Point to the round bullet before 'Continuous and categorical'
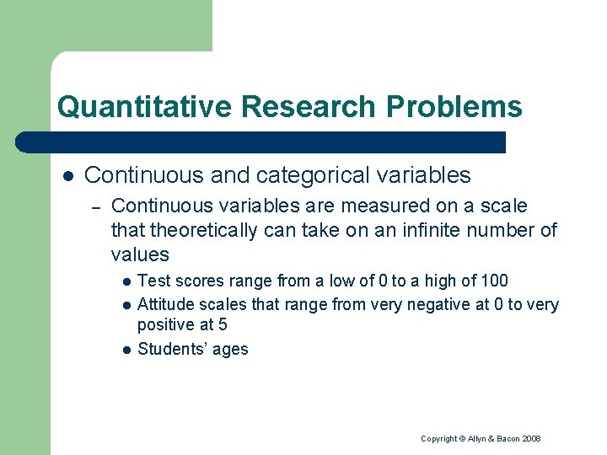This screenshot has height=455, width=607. [67, 176]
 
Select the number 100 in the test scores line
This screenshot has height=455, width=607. [493, 281]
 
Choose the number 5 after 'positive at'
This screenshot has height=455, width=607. [223, 324]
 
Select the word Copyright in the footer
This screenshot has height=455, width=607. [438, 439]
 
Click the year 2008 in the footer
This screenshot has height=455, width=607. [531, 439]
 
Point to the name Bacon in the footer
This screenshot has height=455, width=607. [507, 439]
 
